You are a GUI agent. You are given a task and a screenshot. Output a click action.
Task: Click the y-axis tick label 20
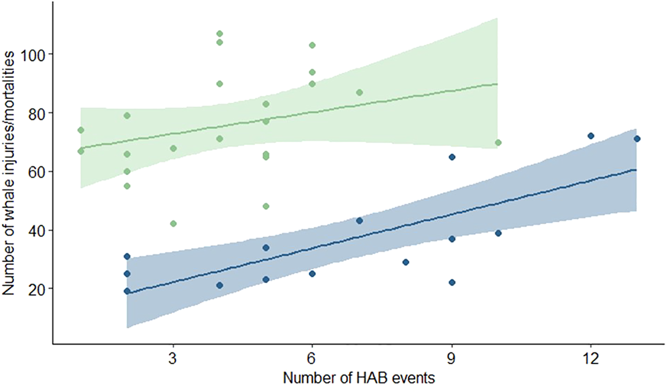37,289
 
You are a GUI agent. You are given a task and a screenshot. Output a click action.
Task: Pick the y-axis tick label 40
37,230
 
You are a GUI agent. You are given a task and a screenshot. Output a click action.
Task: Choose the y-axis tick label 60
37,172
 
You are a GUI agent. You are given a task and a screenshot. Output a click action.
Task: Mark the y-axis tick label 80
37,113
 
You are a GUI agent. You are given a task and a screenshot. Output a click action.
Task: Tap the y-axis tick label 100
33,55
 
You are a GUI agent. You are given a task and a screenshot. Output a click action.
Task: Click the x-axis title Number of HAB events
359,378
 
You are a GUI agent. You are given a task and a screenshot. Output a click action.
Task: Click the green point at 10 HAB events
498,143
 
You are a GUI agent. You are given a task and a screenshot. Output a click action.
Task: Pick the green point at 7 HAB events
359,92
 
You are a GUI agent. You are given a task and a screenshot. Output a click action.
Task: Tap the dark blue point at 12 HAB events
591,136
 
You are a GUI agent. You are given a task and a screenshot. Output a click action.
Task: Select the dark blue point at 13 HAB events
637,139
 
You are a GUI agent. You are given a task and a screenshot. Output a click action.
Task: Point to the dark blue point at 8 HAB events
406,262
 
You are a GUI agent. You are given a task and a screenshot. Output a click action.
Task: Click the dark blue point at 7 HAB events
359,221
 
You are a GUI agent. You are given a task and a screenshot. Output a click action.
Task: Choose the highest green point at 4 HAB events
220,33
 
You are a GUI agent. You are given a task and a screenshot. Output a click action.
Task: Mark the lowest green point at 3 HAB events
173,223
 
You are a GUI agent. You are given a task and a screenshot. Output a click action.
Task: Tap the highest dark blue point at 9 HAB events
452,157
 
